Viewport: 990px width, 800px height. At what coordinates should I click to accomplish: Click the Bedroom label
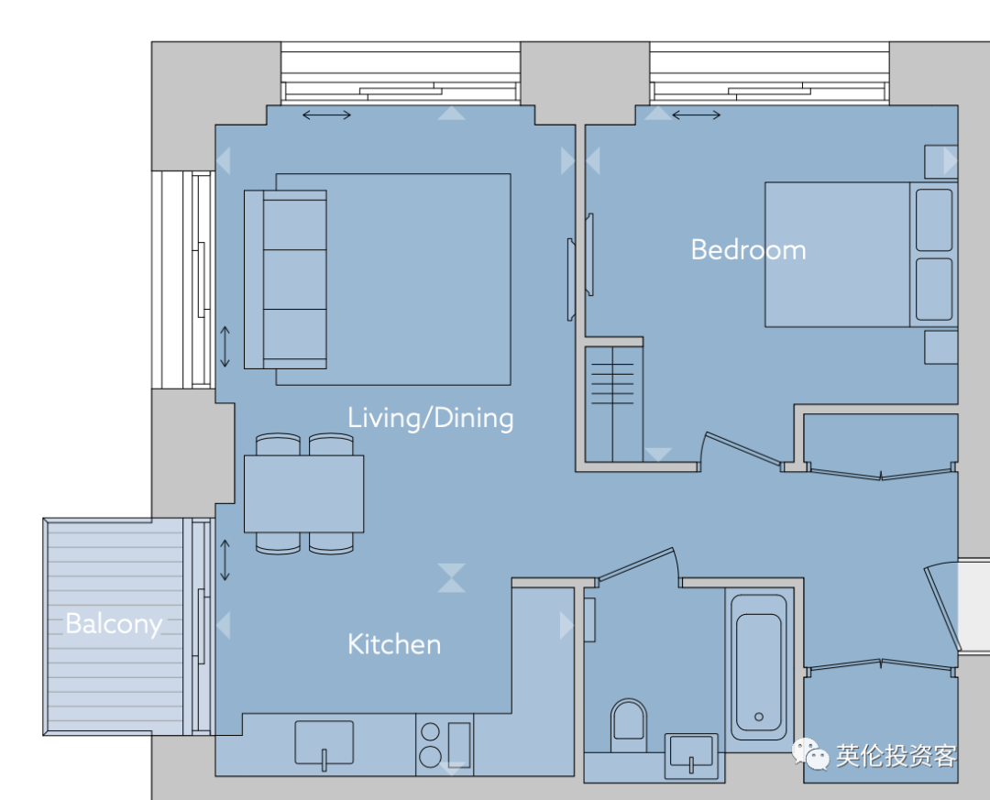[748, 250]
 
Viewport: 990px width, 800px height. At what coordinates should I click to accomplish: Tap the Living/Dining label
[431, 418]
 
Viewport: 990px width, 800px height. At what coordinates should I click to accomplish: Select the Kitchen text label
[394, 644]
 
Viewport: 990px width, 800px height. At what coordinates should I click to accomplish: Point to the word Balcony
[115, 624]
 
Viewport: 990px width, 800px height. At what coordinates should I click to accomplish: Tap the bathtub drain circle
[759, 717]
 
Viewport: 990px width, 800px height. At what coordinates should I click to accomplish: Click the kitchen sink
[324, 744]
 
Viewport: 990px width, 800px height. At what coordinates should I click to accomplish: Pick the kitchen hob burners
[430, 744]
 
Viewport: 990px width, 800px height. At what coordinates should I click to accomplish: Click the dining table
[303, 494]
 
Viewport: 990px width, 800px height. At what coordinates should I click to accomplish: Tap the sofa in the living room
[285, 279]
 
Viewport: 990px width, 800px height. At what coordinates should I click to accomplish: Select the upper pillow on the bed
[934, 220]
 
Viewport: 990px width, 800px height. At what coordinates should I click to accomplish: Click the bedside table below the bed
[940, 347]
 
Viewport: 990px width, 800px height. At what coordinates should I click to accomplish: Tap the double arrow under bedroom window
[696, 115]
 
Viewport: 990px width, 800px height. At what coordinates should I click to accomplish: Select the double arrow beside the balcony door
[225, 560]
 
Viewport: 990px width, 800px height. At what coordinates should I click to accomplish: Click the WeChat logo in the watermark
[810, 754]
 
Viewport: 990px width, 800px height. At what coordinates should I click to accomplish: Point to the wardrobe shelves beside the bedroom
[612, 383]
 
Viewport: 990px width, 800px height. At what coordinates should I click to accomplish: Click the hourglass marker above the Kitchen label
[451, 577]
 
